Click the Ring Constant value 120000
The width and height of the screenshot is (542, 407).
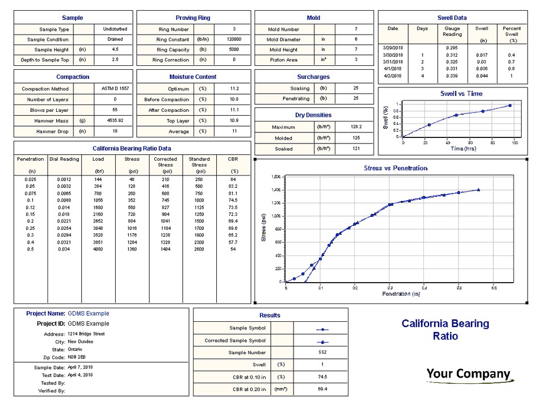coord(233,40)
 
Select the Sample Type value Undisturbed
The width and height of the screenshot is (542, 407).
coord(115,29)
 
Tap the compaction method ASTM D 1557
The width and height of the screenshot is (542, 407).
coord(115,89)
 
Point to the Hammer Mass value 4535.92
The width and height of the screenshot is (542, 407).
coord(115,120)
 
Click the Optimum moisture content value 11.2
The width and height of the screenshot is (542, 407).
coord(233,89)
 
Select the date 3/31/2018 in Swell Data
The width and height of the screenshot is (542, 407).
coord(393,62)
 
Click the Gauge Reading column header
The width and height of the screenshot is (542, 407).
coord(452,31)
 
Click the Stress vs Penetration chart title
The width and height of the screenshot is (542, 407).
coord(395,168)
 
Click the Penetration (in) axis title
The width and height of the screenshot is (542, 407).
coord(401,294)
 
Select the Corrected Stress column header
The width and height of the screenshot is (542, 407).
coord(165,162)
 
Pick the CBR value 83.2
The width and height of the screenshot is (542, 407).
coord(233,186)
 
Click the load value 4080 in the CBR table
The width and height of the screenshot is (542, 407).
coord(98,249)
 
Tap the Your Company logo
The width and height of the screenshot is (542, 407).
coord(468,374)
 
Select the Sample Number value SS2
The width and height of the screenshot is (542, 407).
coord(321,353)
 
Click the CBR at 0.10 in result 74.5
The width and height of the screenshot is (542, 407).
coord(321,377)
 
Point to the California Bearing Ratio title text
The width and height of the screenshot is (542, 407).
coord(445,329)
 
